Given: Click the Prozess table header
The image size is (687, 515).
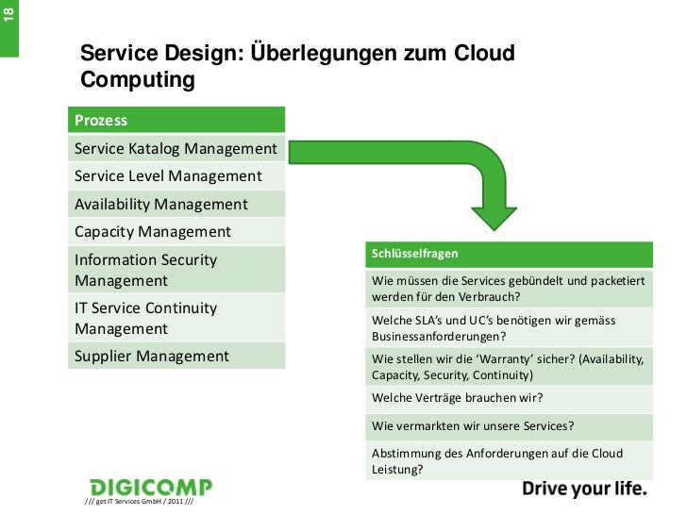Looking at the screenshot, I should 176,121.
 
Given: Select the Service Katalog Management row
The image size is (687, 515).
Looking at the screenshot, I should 176,149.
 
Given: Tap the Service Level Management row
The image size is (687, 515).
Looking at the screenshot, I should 176,176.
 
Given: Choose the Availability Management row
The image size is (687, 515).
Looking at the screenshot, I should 176,204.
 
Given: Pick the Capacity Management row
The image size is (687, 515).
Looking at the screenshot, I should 176,231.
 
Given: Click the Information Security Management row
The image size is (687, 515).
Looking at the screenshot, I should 176,270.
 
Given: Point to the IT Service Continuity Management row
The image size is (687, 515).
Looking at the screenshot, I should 176,319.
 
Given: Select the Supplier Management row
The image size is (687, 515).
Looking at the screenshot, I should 176,357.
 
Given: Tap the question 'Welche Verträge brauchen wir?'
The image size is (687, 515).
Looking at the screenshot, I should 458,396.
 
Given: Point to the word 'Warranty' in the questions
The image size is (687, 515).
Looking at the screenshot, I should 514,359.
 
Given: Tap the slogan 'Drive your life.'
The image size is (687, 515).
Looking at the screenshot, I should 584,489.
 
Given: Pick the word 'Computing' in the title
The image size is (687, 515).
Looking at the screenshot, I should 137,81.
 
